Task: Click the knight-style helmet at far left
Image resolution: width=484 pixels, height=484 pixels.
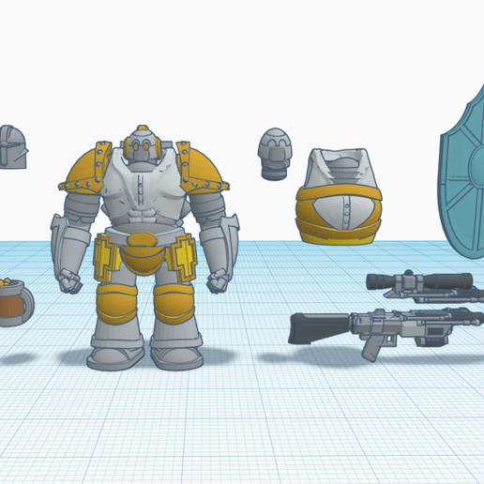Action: (x=11, y=148)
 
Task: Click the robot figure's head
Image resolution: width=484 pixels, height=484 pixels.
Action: (x=141, y=147)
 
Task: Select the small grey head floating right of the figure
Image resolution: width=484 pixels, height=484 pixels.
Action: (x=275, y=151)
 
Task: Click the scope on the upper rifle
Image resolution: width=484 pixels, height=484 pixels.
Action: (x=417, y=280)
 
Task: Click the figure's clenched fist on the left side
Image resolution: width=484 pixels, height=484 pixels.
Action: (x=69, y=280)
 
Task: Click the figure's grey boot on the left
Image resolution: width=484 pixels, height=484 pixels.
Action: (x=114, y=355)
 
